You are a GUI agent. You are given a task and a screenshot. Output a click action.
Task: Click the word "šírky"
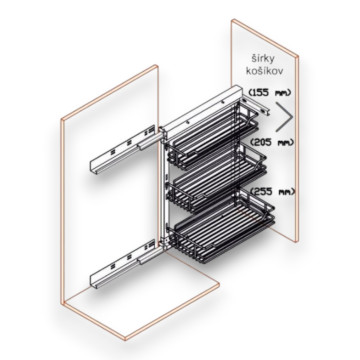263,59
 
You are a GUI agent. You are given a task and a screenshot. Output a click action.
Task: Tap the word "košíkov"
264,70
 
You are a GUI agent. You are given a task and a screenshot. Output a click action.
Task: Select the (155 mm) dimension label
269,92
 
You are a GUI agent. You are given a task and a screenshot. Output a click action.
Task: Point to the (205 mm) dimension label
272,142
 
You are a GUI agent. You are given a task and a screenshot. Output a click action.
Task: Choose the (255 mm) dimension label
273,192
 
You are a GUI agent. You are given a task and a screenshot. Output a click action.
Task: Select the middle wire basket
217,180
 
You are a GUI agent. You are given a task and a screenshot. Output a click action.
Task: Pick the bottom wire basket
222,227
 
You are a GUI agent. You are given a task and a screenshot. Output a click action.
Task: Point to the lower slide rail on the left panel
123,264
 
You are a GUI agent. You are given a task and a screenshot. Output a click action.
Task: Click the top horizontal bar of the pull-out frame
202,107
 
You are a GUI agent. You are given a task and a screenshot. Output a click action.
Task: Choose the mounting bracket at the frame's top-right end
256,104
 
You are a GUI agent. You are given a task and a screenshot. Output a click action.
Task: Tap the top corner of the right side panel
233,20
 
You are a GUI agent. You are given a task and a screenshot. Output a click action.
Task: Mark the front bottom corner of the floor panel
126,339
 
